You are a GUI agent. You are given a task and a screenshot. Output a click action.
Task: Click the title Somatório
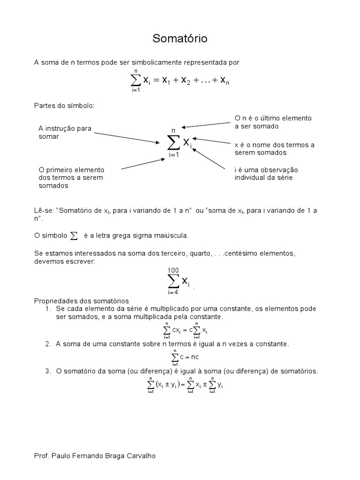[180, 39]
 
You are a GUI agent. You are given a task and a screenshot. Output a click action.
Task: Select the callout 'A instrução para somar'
[65, 133]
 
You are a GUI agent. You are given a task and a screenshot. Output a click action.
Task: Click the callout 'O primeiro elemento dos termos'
[71, 177]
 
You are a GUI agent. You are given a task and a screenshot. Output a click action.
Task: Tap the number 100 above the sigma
[173, 270]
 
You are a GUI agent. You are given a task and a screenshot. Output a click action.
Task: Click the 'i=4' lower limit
[173, 292]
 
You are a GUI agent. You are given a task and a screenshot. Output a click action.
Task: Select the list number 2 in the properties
[48, 344]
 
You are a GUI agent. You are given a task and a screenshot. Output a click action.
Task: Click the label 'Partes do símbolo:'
[64, 105]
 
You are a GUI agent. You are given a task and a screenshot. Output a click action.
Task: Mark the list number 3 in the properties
[48, 371]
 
